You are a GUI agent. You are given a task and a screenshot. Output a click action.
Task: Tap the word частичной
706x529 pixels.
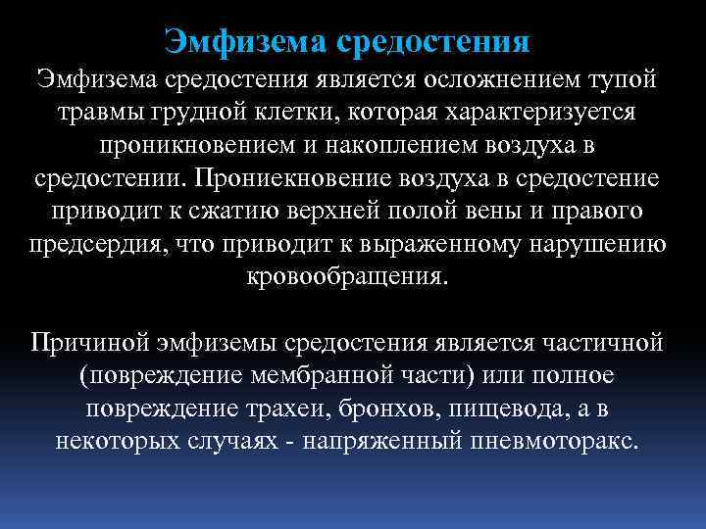pyautogui.click(x=599, y=344)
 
